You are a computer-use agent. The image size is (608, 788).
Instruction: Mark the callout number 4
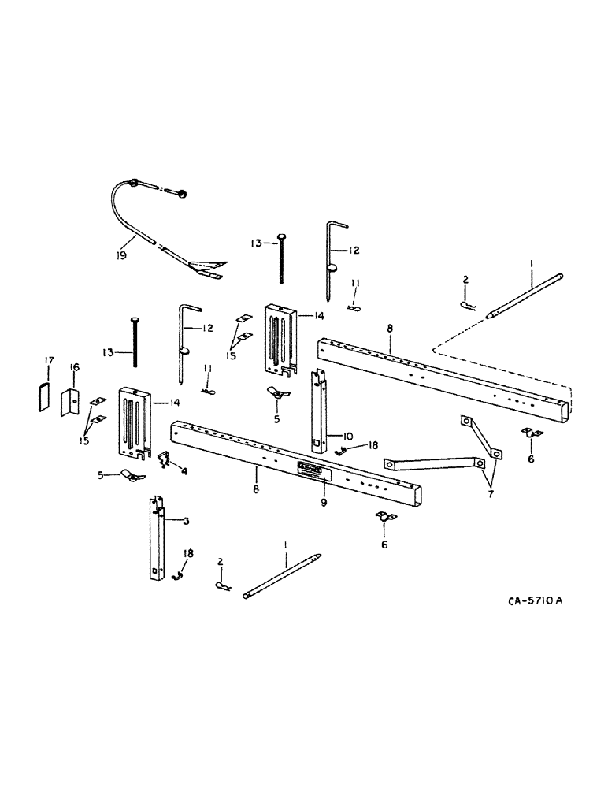[184, 473]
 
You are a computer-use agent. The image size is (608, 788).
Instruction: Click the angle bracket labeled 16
[72, 401]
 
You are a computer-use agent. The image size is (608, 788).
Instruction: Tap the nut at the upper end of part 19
[182, 192]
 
